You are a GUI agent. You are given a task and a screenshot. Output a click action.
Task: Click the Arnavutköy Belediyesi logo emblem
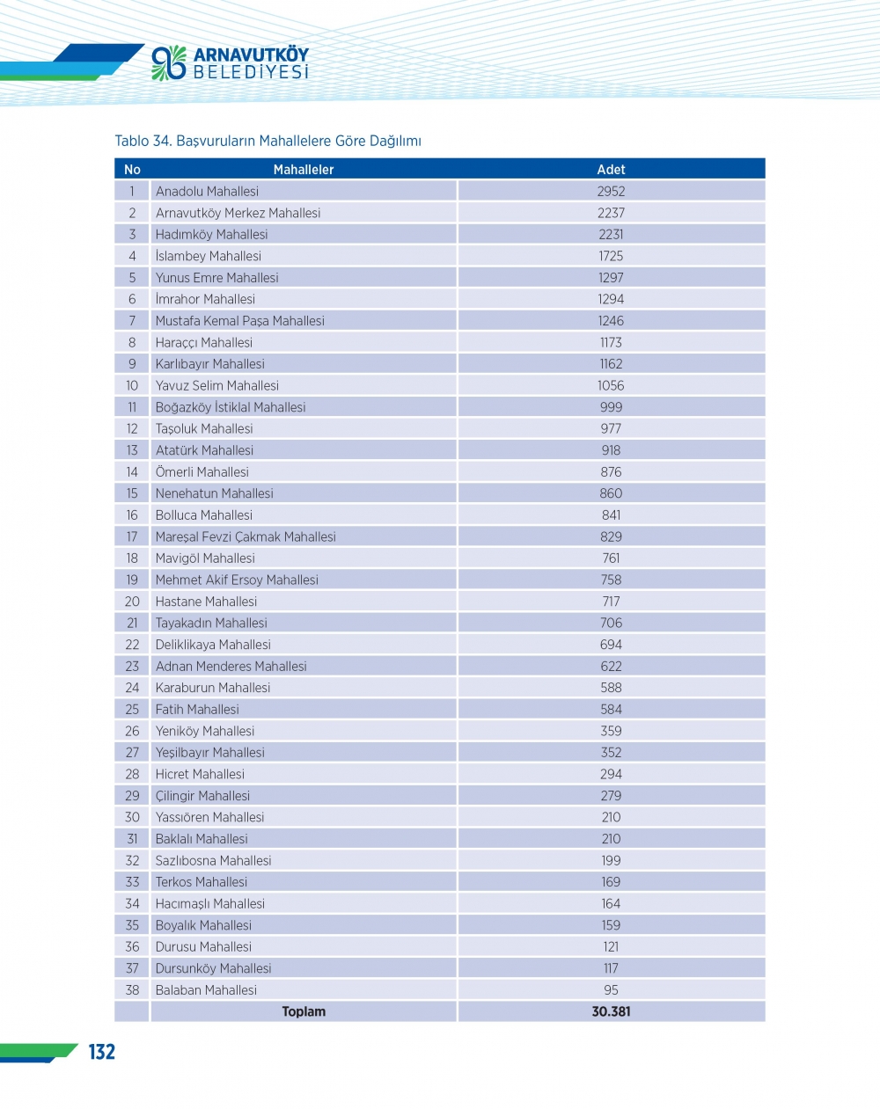click(169, 62)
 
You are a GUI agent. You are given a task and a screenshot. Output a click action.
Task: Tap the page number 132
click(102, 1052)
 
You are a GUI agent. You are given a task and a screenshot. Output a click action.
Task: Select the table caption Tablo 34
click(268, 141)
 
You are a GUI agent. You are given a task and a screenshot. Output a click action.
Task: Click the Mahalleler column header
click(304, 170)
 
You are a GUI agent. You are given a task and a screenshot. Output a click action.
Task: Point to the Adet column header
click(611, 170)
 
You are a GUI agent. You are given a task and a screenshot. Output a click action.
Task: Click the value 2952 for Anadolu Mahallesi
click(611, 192)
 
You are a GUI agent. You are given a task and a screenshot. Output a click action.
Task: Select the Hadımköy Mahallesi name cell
click(211, 235)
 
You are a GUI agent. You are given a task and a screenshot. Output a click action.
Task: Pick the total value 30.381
click(611, 1012)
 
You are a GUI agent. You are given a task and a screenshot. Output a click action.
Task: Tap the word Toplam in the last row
click(304, 1012)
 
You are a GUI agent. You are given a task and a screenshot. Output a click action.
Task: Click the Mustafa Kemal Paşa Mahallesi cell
click(239, 321)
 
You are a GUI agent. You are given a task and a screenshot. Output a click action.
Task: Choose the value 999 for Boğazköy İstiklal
click(611, 407)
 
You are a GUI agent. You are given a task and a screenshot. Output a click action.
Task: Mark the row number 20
click(132, 602)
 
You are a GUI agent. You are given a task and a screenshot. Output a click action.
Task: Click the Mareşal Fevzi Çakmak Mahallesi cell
click(246, 536)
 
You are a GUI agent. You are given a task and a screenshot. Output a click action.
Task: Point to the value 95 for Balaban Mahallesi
click(611, 990)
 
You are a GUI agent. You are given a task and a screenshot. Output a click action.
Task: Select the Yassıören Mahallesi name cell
click(209, 817)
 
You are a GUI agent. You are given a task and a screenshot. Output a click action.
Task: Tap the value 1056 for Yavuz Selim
click(611, 386)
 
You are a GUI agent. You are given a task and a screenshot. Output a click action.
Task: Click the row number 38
click(132, 990)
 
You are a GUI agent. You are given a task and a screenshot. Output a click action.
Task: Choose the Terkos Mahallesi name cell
click(202, 882)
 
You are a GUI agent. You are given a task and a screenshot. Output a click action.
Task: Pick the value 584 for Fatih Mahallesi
click(611, 710)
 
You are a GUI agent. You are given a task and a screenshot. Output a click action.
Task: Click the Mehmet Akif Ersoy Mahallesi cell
click(237, 580)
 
